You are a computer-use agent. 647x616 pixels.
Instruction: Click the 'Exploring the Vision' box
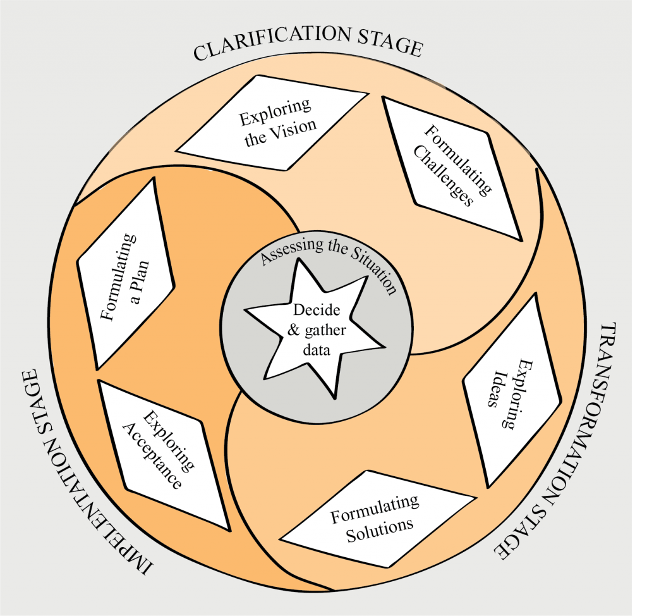click(272, 123)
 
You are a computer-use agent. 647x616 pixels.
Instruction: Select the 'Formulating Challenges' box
click(452, 169)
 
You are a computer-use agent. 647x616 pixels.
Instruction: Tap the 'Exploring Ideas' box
click(512, 390)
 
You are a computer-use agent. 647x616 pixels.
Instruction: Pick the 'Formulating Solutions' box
click(378, 519)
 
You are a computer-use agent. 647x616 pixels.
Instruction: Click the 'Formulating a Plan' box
click(126, 273)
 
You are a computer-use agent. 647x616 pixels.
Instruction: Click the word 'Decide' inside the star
click(317, 309)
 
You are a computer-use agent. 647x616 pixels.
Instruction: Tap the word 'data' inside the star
click(317, 350)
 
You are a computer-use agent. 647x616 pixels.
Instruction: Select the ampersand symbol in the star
click(293, 330)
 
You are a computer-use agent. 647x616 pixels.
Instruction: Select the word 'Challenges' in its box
click(443, 176)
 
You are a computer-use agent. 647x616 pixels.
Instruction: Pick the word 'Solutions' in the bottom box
click(380, 529)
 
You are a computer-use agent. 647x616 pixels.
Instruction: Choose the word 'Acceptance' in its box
click(152, 456)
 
